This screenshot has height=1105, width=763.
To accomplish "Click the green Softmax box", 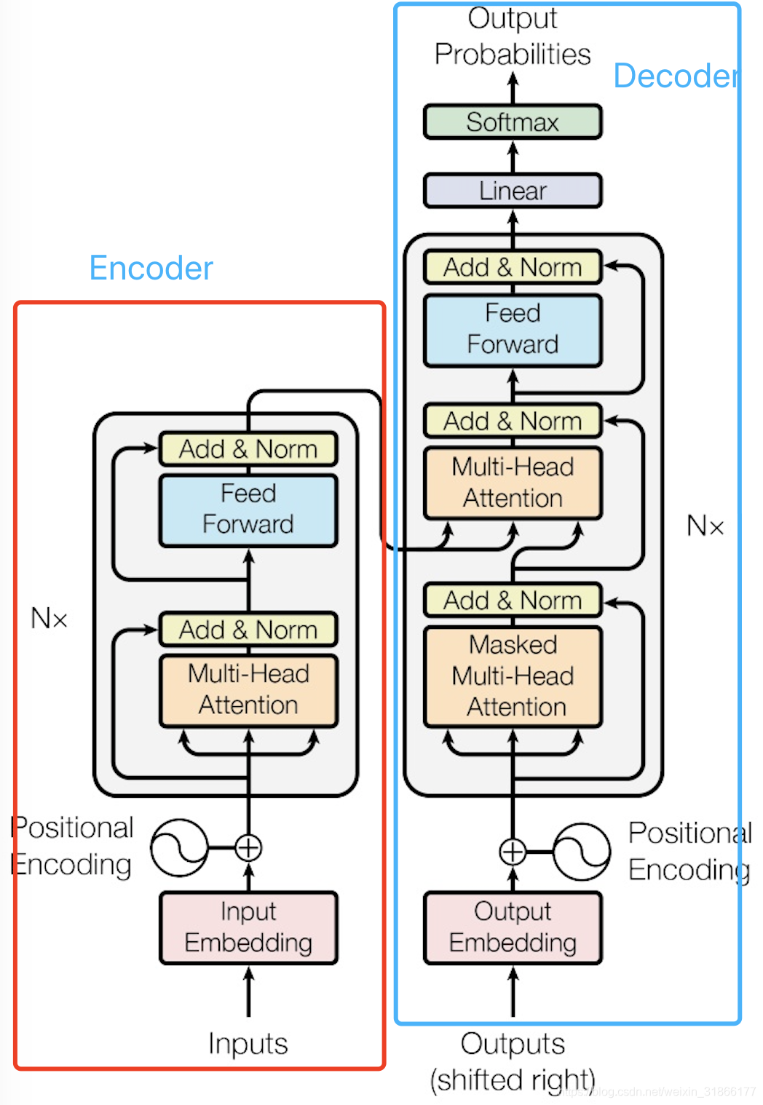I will click(513, 122).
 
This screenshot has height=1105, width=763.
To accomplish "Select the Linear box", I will click(513, 191).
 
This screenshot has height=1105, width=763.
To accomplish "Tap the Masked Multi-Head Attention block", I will click(513, 676).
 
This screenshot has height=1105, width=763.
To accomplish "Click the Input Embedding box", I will click(248, 927).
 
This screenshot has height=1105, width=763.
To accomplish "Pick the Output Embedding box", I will click(513, 927).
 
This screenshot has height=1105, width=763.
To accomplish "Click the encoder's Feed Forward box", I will click(248, 510).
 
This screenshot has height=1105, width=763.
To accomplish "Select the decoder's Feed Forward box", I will click(513, 329).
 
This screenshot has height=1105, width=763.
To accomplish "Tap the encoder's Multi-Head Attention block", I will click(248, 689).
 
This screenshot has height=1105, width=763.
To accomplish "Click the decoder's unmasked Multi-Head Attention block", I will click(513, 483).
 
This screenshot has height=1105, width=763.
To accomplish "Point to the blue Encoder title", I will click(151, 268).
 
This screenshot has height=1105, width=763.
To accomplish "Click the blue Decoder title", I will click(675, 76).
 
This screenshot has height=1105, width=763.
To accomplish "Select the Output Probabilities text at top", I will click(513, 36).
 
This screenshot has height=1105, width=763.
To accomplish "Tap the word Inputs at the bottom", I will click(248, 1043).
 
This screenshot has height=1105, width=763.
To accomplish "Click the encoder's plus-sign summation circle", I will click(248, 848).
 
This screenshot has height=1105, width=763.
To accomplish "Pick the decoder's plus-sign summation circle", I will click(513, 851).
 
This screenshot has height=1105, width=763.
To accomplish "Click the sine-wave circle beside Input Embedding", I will click(179, 848).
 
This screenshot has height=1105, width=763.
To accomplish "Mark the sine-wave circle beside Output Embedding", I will click(581, 851).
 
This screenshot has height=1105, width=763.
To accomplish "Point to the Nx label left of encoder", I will click(50, 619).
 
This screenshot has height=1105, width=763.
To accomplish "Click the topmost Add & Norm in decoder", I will click(513, 267).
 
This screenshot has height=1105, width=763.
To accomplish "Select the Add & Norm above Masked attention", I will click(513, 601).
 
